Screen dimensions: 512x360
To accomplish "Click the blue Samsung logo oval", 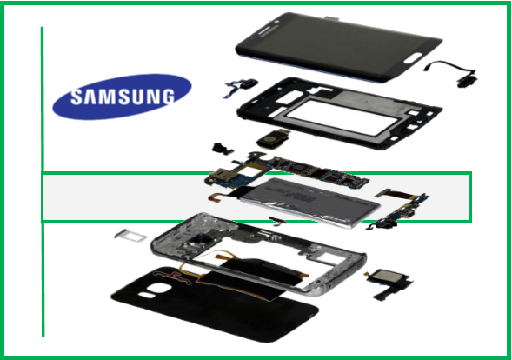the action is click(122, 97).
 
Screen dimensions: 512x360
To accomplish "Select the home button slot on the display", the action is click(413, 58).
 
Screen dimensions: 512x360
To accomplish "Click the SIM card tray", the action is click(130, 236).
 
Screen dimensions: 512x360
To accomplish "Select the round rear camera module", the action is click(273, 139).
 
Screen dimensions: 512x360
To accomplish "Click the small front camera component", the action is click(222, 149).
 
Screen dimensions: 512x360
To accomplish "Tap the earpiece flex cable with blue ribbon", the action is click(240, 87).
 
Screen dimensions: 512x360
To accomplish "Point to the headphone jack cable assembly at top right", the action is click(452, 73).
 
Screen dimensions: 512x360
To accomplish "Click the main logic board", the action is click(288, 171).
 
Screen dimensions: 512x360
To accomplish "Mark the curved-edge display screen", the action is click(339, 47).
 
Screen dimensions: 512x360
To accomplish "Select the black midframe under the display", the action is click(340, 113).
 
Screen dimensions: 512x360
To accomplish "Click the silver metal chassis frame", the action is click(258, 253).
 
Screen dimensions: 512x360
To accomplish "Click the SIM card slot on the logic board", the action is click(217, 175).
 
